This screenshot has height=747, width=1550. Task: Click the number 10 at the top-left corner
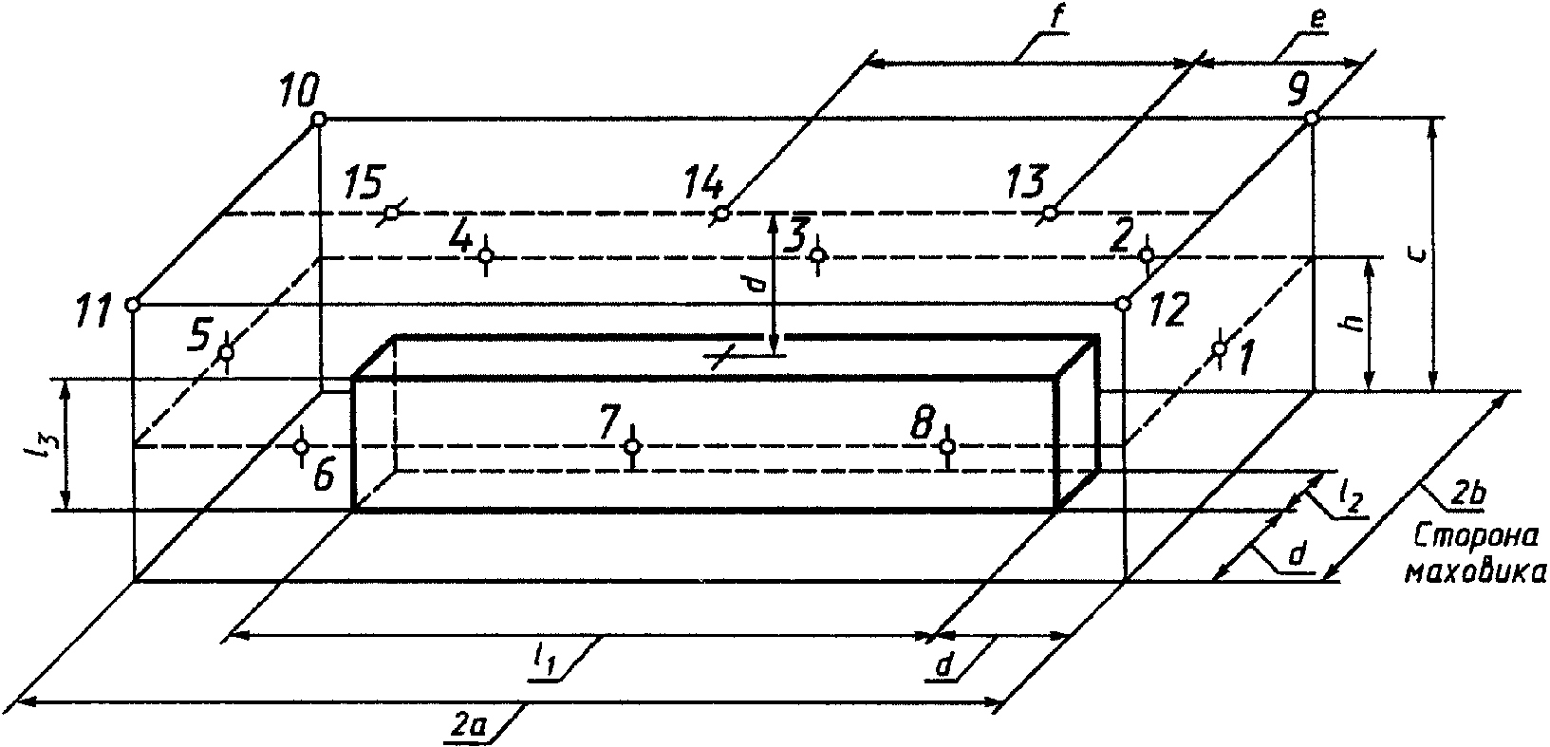click(x=301, y=92)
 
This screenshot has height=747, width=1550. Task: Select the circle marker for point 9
click(x=1311, y=118)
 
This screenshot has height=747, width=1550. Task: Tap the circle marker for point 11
click(x=133, y=305)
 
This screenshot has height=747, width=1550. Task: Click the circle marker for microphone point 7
click(x=632, y=446)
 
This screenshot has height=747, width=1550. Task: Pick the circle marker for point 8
click(x=947, y=445)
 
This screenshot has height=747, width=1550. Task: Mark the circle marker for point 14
click(x=721, y=214)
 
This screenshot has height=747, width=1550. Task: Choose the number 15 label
click(x=364, y=179)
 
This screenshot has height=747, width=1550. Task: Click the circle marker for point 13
click(x=1050, y=213)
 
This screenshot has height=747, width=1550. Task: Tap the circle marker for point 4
click(x=486, y=255)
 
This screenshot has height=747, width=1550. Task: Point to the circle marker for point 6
click(x=301, y=446)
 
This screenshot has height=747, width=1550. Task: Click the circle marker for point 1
click(x=1220, y=349)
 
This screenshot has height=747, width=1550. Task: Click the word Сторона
click(x=1477, y=537)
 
